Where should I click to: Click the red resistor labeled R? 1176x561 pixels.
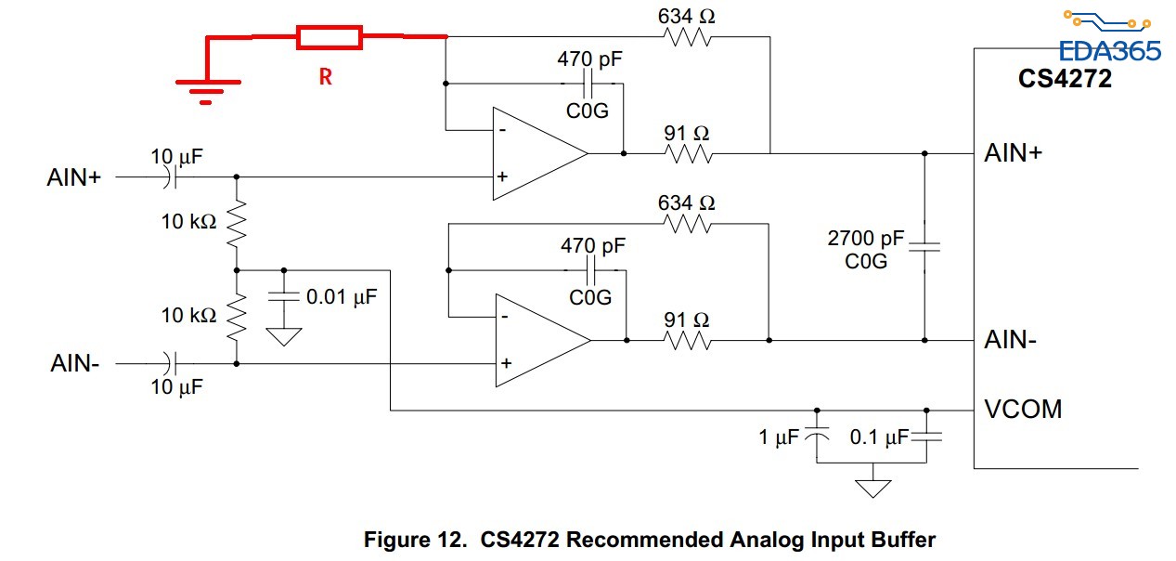[x=329, y=37]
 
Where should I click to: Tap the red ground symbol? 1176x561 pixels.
[x=205, y=89]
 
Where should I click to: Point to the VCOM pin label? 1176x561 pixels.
[x=1023, y=409]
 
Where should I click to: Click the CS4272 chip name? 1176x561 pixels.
[x=1065, y=78]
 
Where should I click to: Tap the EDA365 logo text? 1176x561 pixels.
[x=1109, y=51]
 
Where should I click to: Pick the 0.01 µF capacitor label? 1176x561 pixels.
[x=342, y=298]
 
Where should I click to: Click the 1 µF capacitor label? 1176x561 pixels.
[x=778, y=437]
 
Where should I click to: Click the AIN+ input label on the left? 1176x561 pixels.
[x=73, y=176]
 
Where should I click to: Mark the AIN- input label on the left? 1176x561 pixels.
[x=75, y=363]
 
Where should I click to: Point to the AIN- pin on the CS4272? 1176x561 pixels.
[x=1010, y=340]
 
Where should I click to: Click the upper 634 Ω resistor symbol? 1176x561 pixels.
[x=688, y=37]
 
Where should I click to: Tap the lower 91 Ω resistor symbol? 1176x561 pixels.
[x=688, y=340]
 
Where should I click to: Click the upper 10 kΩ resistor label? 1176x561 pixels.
[x=188, y=222]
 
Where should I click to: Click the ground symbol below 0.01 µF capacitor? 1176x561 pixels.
[x=284, y=335]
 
